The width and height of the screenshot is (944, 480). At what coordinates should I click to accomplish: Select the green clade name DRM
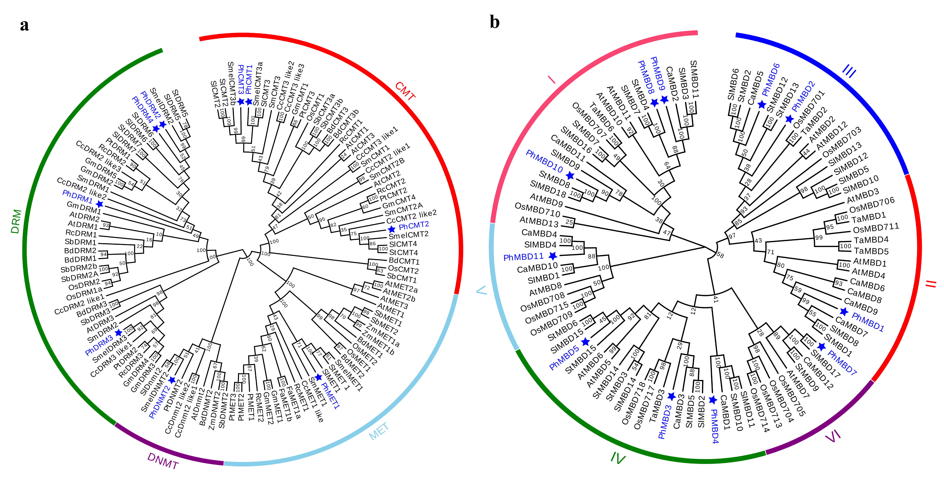coord(16,222)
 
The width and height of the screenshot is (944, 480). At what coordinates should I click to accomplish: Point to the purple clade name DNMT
coord(163,461)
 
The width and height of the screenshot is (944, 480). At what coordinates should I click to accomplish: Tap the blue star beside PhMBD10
coord(570,175)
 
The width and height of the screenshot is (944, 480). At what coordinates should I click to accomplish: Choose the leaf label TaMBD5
coord(871,251)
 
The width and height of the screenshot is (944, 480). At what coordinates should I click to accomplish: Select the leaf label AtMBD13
coord(539,222)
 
